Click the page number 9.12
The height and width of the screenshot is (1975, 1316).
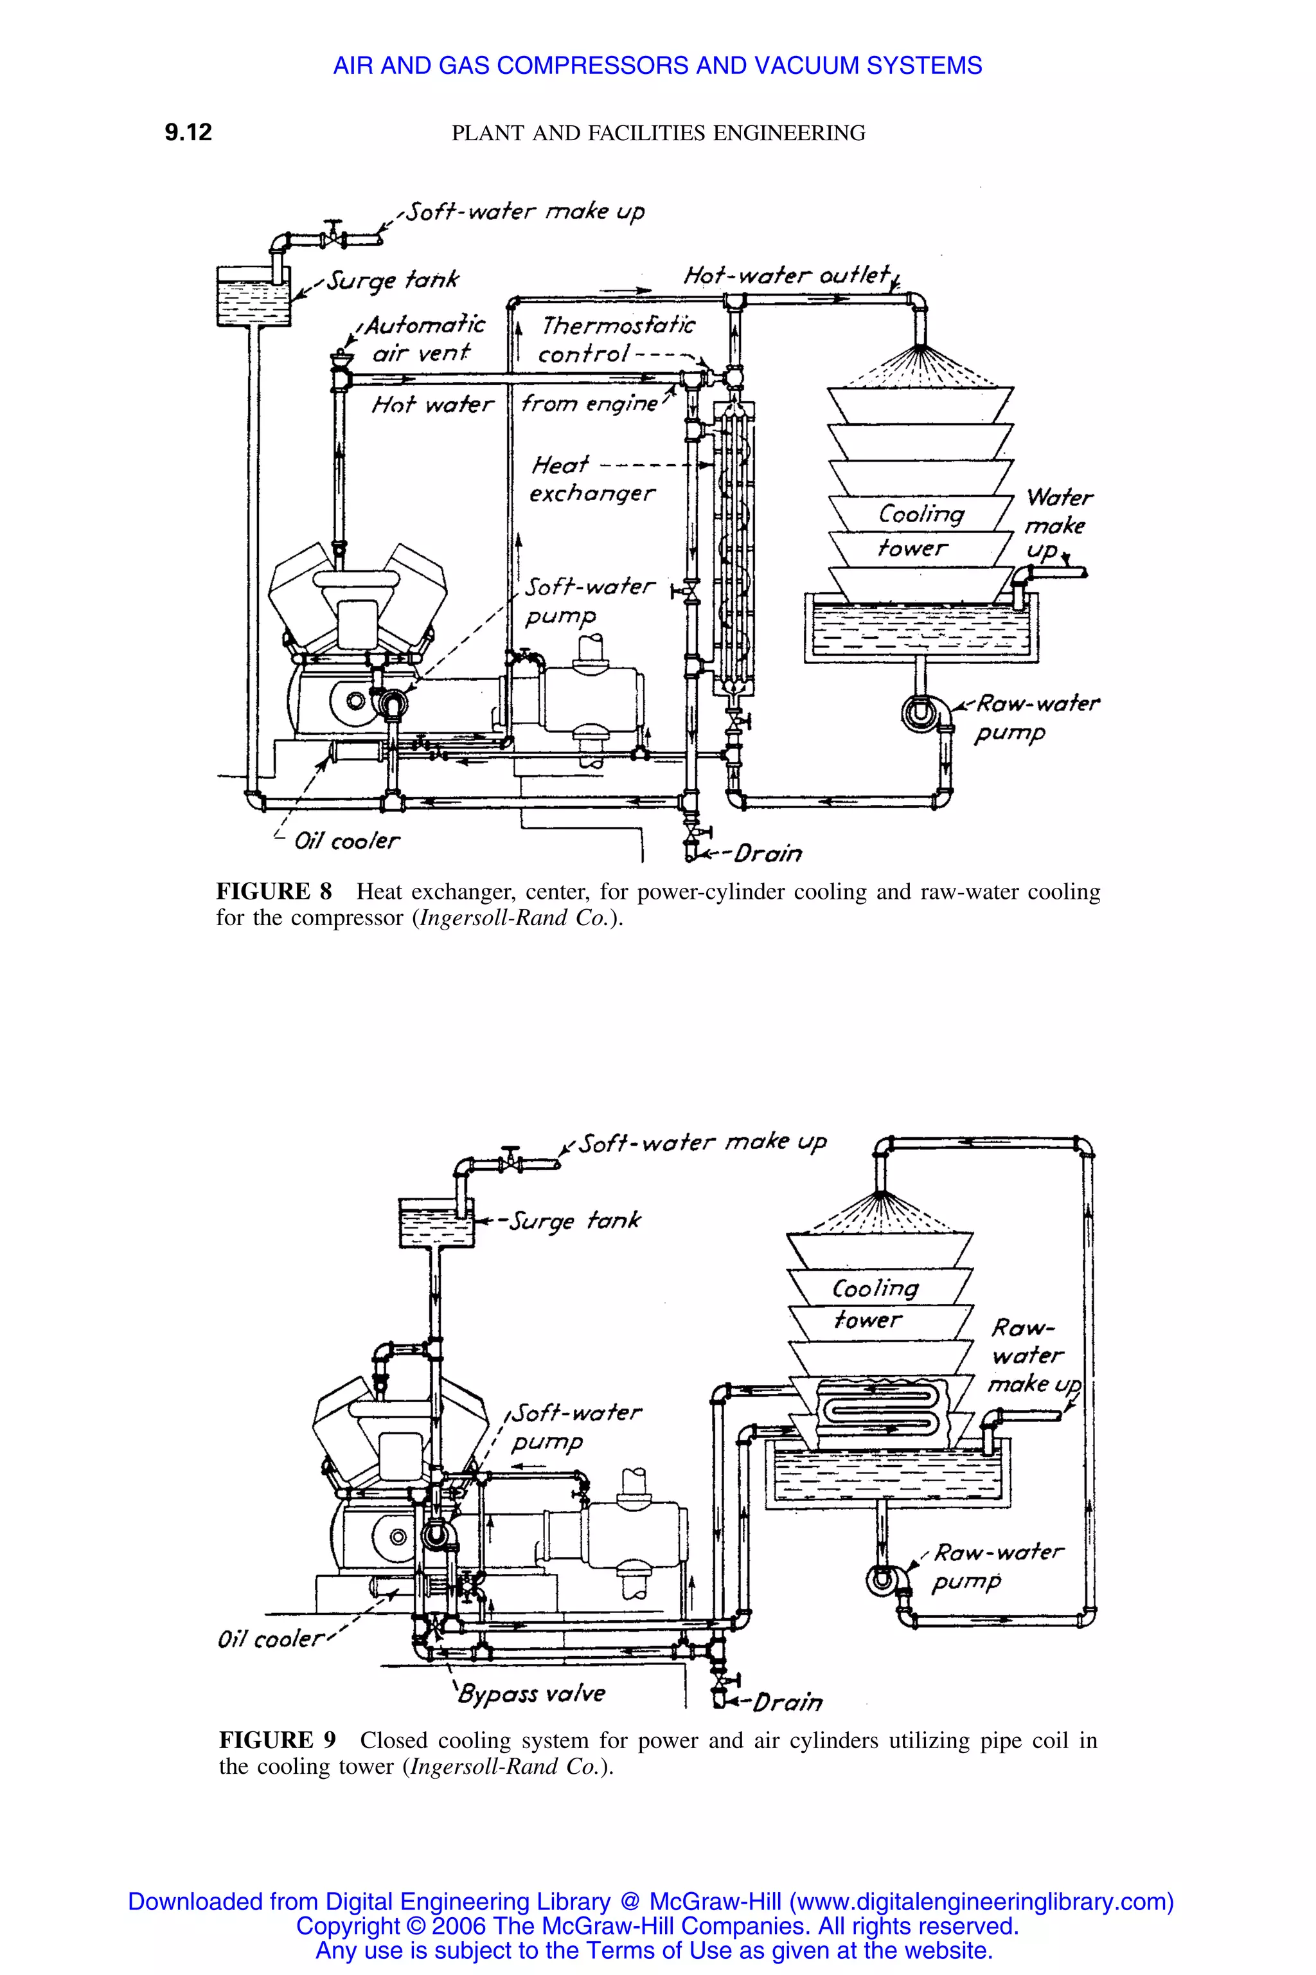pyautogui.click(x=188, y=132)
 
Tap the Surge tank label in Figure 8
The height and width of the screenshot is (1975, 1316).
pyautogui.click(x=393, y=279)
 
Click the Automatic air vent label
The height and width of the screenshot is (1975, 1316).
pyautogui.click(x=424, y=338)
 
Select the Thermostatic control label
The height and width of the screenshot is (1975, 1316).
pyautogui.click(x=618, y=338)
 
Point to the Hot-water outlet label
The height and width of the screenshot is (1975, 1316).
pyautogui.click(x=786, y=275)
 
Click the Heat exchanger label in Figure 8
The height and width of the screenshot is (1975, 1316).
pyautogui.click(x=591, y=478)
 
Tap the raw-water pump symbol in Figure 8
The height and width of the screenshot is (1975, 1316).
pyautogui.click(x=920, y=713)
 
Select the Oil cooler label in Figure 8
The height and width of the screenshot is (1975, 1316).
pyautogui.click(x=346, y=840)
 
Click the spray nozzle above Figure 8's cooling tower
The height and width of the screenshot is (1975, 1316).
pyautogui.click(x=921, y=347)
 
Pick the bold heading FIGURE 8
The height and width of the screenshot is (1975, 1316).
pyautogui.click(x=274, y=891)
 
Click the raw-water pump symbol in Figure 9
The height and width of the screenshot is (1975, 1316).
pyautogui.click(x=884, y=1580)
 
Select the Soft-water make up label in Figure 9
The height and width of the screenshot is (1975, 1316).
pyautogui.click(x=702, y=1143)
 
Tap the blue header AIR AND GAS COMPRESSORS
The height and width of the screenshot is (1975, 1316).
pyautogui.click(x=657, y=66)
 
